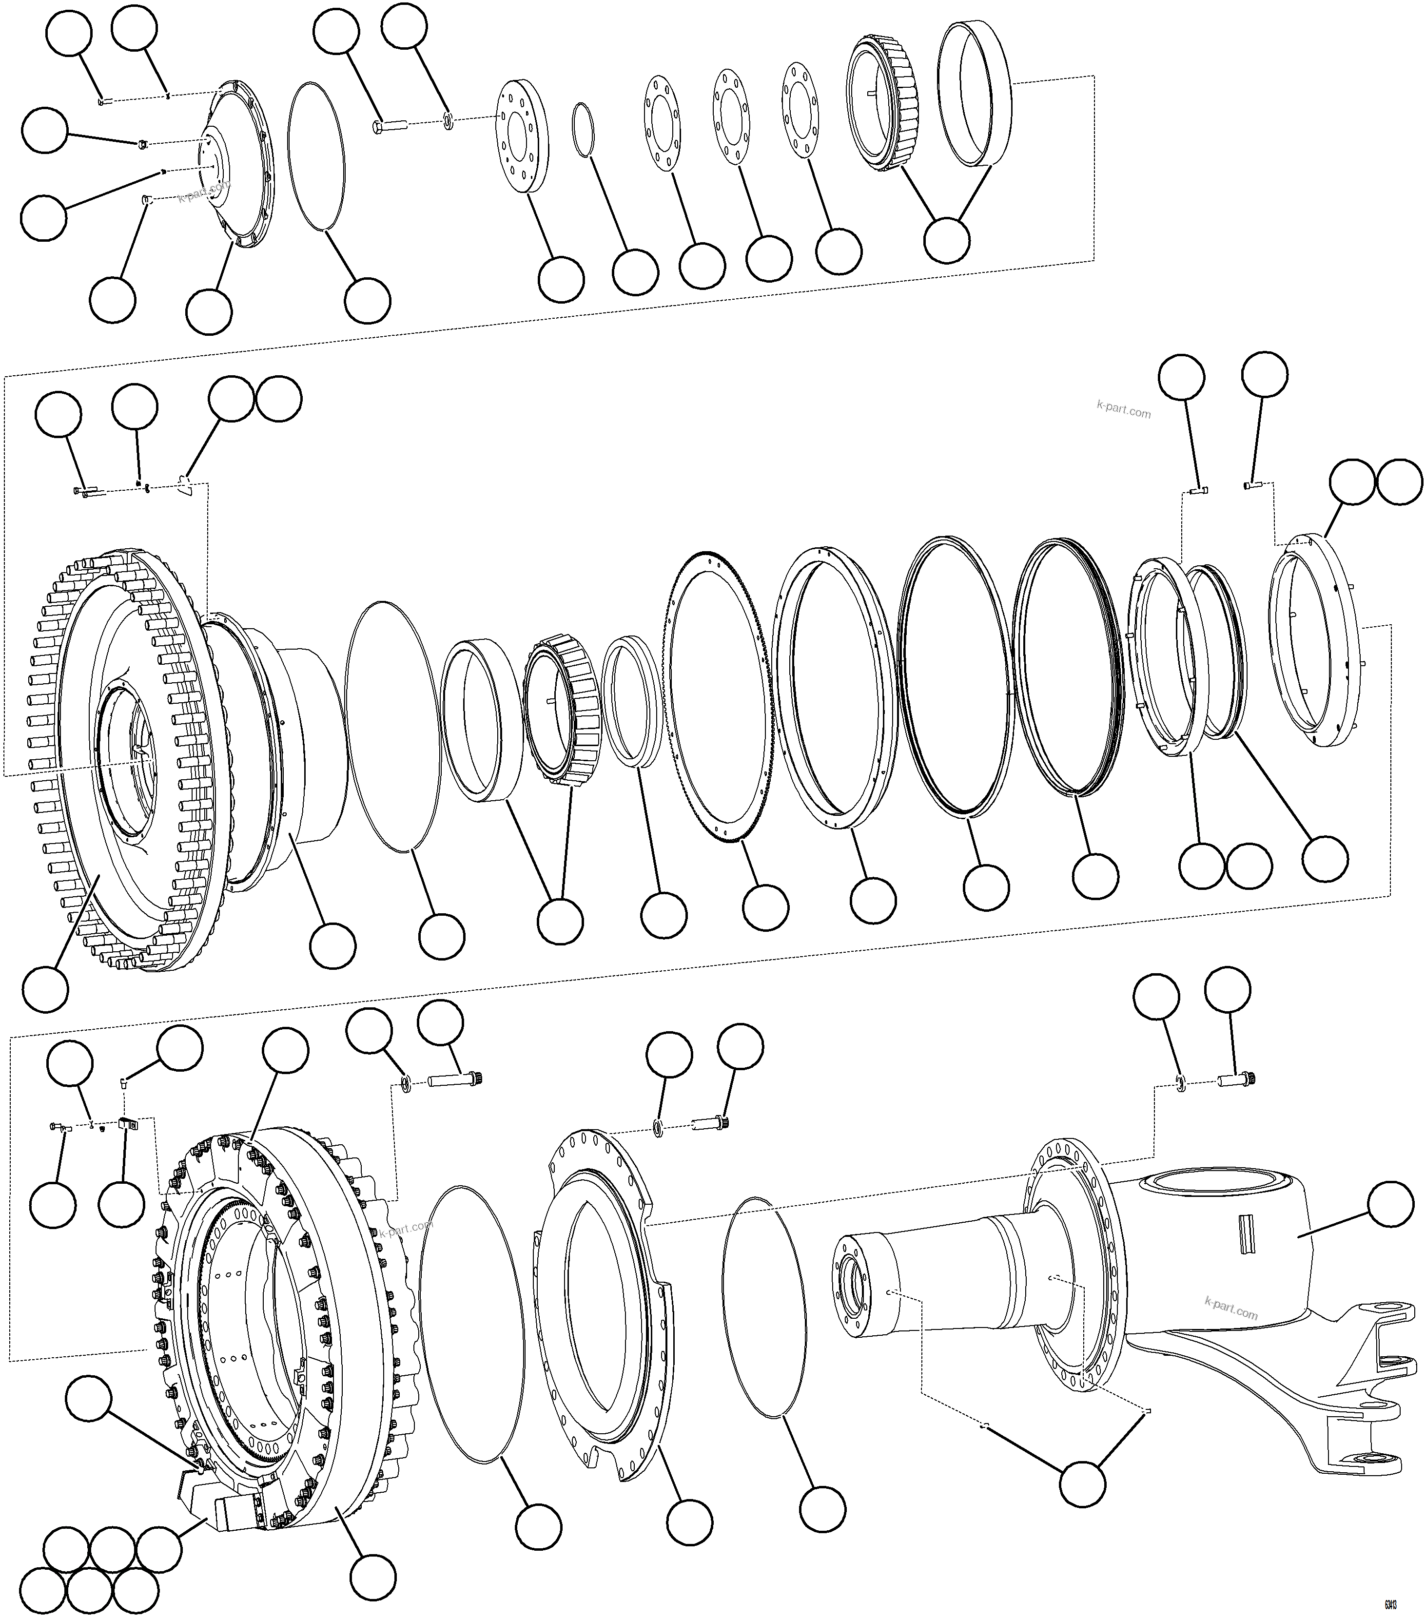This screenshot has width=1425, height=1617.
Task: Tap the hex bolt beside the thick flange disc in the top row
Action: pyautogui.click(x=388, y=124)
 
